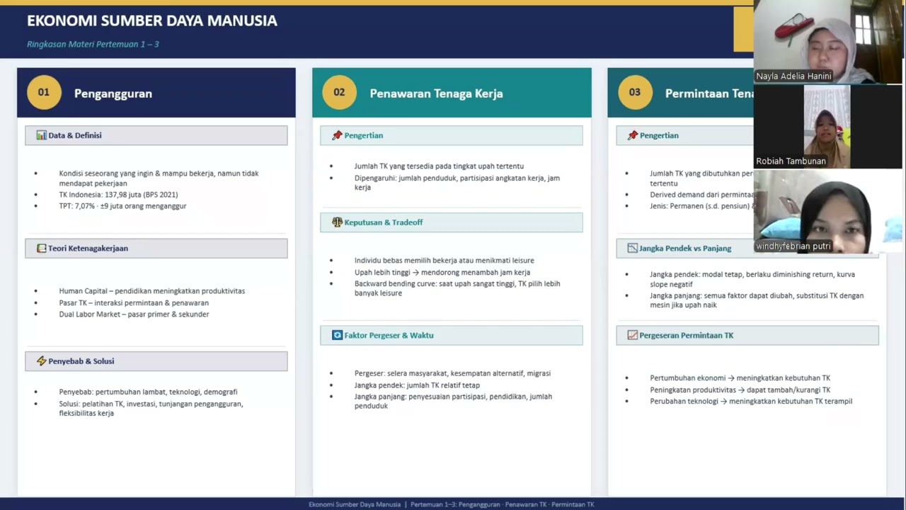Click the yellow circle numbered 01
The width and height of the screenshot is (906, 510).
tap(44, 93)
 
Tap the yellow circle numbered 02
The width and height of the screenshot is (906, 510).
tap(339, 93)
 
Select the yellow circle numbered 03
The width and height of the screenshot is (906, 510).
tap(634, 93)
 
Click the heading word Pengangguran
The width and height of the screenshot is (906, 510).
tap(113, 93)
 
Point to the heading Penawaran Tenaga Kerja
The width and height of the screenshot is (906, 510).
tap(436, 93)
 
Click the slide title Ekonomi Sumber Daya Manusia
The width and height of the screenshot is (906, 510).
tap(152, 21)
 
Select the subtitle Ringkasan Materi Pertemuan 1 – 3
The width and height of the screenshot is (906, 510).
tap(93, 44)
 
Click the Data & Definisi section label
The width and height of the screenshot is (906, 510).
tap(74, 135)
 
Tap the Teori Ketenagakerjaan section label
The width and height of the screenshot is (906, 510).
tap(88, 249)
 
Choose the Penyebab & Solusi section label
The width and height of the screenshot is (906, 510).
tap(81, 361)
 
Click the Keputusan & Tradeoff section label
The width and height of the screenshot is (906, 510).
tap(383, 222)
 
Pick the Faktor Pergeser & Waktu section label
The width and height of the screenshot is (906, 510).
tap(389, 335)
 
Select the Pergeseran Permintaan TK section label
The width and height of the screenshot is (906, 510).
tap(686, 335)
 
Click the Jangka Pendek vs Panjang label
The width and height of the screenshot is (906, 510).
tap(684, 249)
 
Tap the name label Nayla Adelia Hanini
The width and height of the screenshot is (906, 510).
tap(793, 76)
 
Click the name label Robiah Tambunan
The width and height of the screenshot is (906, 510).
tap(791, 161)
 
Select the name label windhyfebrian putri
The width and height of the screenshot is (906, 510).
tap(793, 246)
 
